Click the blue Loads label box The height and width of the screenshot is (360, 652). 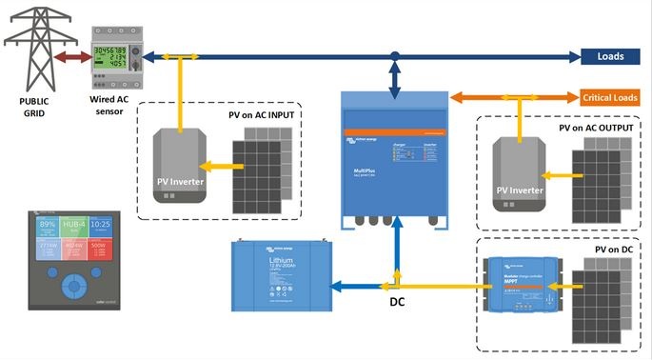(610, 56)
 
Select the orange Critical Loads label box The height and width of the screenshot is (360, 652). (609, 97)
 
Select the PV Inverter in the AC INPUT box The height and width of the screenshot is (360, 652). (181, 168)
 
